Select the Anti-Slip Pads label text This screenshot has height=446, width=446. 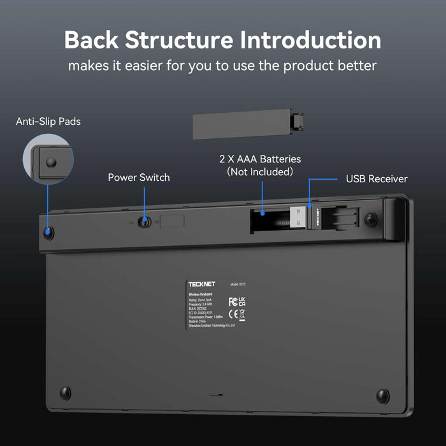[x=48, y=121]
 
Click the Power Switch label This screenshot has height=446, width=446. [x=139, y=178]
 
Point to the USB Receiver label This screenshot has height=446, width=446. [x=377, y=179]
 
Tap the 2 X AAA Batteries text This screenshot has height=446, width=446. [x=260, y=159]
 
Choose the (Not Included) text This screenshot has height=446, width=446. [x=260, y=172]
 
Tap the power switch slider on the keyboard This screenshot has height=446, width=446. [x=146, y=222]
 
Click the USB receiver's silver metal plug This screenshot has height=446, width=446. [x=294, y=219]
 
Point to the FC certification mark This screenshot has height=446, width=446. [x=233, y=301]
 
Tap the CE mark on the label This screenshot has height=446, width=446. [x=233, y=314]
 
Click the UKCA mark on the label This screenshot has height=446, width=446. [x=242, y=301]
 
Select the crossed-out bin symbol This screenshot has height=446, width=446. [x=242, y=314]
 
